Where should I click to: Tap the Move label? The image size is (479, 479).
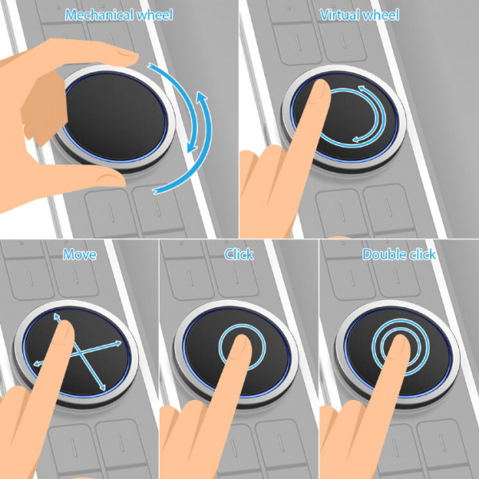[79, 255]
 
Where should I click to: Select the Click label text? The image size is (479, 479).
[239, 254]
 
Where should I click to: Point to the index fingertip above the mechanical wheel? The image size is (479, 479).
[129, 57]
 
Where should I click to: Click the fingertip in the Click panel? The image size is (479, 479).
[242, 343]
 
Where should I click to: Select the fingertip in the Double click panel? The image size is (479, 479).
[400, 343]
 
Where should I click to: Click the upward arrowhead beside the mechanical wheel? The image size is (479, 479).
[202, 97]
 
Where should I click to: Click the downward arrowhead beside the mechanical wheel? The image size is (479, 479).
[192, 147]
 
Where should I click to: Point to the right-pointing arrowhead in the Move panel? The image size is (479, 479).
[118, 343]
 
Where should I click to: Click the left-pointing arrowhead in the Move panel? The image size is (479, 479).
[38, 363]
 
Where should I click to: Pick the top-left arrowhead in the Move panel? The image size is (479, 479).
[57, 316]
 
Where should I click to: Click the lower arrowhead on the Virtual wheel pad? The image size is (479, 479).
[357, 140]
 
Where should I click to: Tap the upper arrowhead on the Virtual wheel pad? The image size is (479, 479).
[362, 89]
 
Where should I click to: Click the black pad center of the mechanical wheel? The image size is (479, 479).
[116, 116]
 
